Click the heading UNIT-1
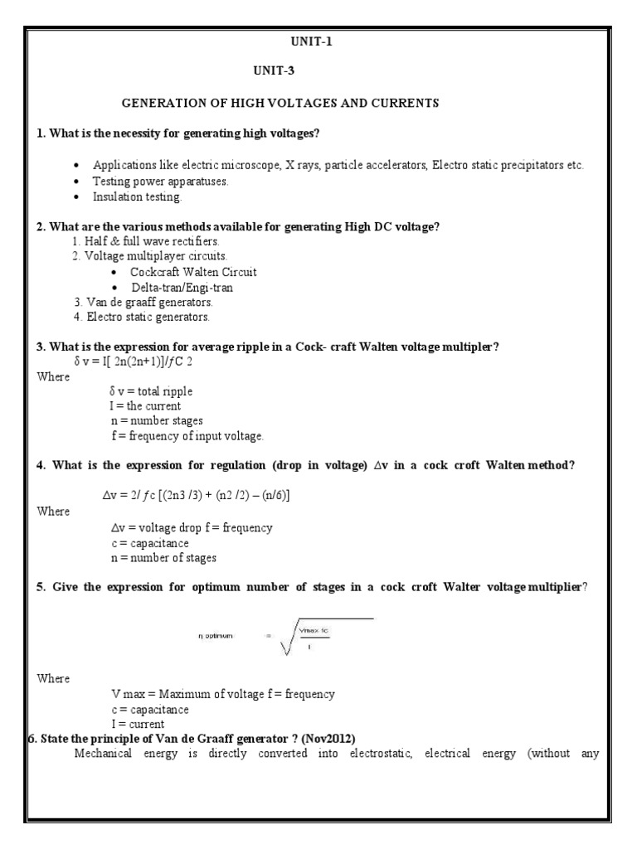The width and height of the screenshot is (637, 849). click(x=318, y=41)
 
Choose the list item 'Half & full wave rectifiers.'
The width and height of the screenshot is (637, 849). click(x=146, y=241)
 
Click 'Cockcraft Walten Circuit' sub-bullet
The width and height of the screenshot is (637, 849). click(x=193, y=272)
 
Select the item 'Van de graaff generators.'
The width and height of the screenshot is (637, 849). click(x=143, y=302)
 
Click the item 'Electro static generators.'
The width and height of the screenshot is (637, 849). click(x=142, y=317)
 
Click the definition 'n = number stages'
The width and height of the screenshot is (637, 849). click(x=156, y=421)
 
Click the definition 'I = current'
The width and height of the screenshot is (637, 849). click(x=143, y=724)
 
